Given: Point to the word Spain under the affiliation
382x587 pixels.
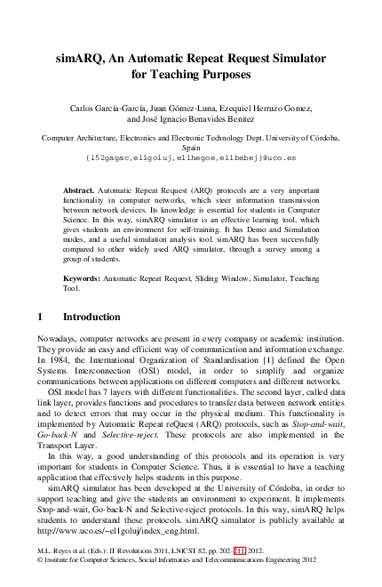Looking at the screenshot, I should point(191,148).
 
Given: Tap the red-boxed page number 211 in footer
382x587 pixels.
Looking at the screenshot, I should point(240,551).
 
